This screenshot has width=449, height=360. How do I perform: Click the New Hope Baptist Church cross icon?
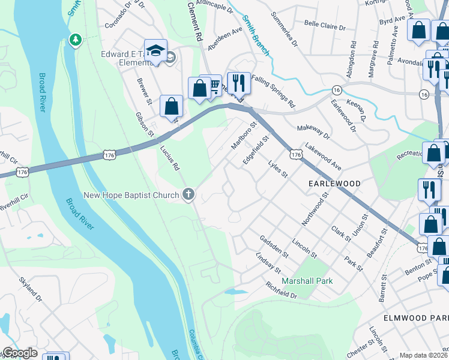pyautogui.click(x=188, y=194)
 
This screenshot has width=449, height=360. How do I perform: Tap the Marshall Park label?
pyautogui.click(x=302, y=281)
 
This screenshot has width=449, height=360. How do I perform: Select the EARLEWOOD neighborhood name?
pyautogui.click(x=334, y=183)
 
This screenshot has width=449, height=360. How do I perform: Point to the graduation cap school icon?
pyautogui.click(x=155, y=52)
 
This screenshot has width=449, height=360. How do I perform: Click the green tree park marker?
pyautogui.click(x=75, y=40)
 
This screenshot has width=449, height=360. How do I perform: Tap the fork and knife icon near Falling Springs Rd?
pyautogui.click(x=238, y=83)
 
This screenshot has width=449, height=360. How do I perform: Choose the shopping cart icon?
pyautogui.click(x=213, y=86)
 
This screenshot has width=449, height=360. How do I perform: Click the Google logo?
pyautogui.click(x=19, y=353)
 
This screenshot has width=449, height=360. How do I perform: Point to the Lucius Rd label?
pyautogui.click(x=169, y=158)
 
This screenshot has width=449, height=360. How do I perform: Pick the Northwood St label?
pyautogui.click(x=316, y=209)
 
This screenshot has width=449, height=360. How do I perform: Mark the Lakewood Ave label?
pyautogui.click(x=323, y=155)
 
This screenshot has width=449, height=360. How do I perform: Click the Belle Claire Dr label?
pyautogui.click(x=325, y=27)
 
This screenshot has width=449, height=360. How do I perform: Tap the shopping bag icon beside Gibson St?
pyautogui.click(x=172, y=107)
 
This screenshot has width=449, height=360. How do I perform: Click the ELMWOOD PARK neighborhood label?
pyautogui.click(x=416, y=317)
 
